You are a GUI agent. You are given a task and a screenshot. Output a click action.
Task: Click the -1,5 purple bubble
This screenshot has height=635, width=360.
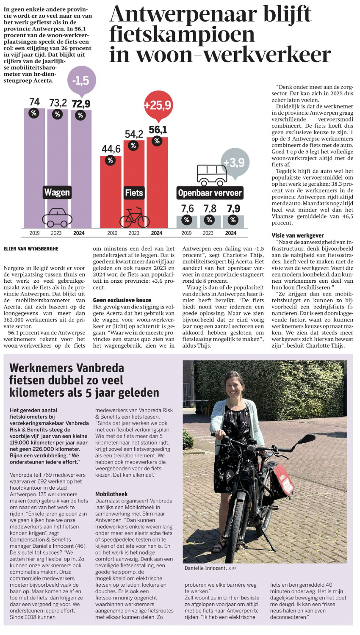tap(81, 80)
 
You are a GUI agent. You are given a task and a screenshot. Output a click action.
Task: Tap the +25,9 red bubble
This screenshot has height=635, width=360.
tap(157, 105)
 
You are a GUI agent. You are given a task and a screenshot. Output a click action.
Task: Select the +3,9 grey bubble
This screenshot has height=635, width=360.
tap(235, 163)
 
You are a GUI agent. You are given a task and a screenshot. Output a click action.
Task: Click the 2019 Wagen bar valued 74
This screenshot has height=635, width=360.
tap(34, 169)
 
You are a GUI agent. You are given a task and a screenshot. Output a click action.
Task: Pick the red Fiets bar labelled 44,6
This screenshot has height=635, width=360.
tap(110, 190)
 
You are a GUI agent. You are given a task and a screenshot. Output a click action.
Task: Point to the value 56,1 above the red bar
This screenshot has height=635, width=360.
tap(158, 129)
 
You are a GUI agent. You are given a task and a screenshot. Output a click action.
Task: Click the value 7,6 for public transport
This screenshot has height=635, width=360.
tap(187, 209)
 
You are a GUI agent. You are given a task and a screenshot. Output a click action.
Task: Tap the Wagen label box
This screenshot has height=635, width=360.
tap(57, 193)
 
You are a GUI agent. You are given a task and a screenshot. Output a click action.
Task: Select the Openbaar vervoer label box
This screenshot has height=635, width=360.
tap(210, 193)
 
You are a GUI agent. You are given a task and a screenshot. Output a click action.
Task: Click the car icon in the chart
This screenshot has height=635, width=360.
tap(57, 218)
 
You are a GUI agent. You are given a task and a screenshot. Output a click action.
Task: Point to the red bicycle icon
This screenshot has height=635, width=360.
tap(134, 218)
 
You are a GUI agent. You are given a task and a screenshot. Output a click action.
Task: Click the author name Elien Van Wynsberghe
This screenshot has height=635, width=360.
tap(31, 248)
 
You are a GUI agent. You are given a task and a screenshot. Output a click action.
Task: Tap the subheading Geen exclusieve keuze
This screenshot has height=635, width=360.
tap(122, 300)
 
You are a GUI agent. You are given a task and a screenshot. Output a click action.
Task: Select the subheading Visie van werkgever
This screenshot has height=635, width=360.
tap(298, 235)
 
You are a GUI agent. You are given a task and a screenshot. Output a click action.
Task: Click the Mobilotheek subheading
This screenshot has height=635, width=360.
tap(111, 494)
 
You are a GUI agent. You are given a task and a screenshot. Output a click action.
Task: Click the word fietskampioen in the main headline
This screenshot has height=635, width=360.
tap(182, 34)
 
